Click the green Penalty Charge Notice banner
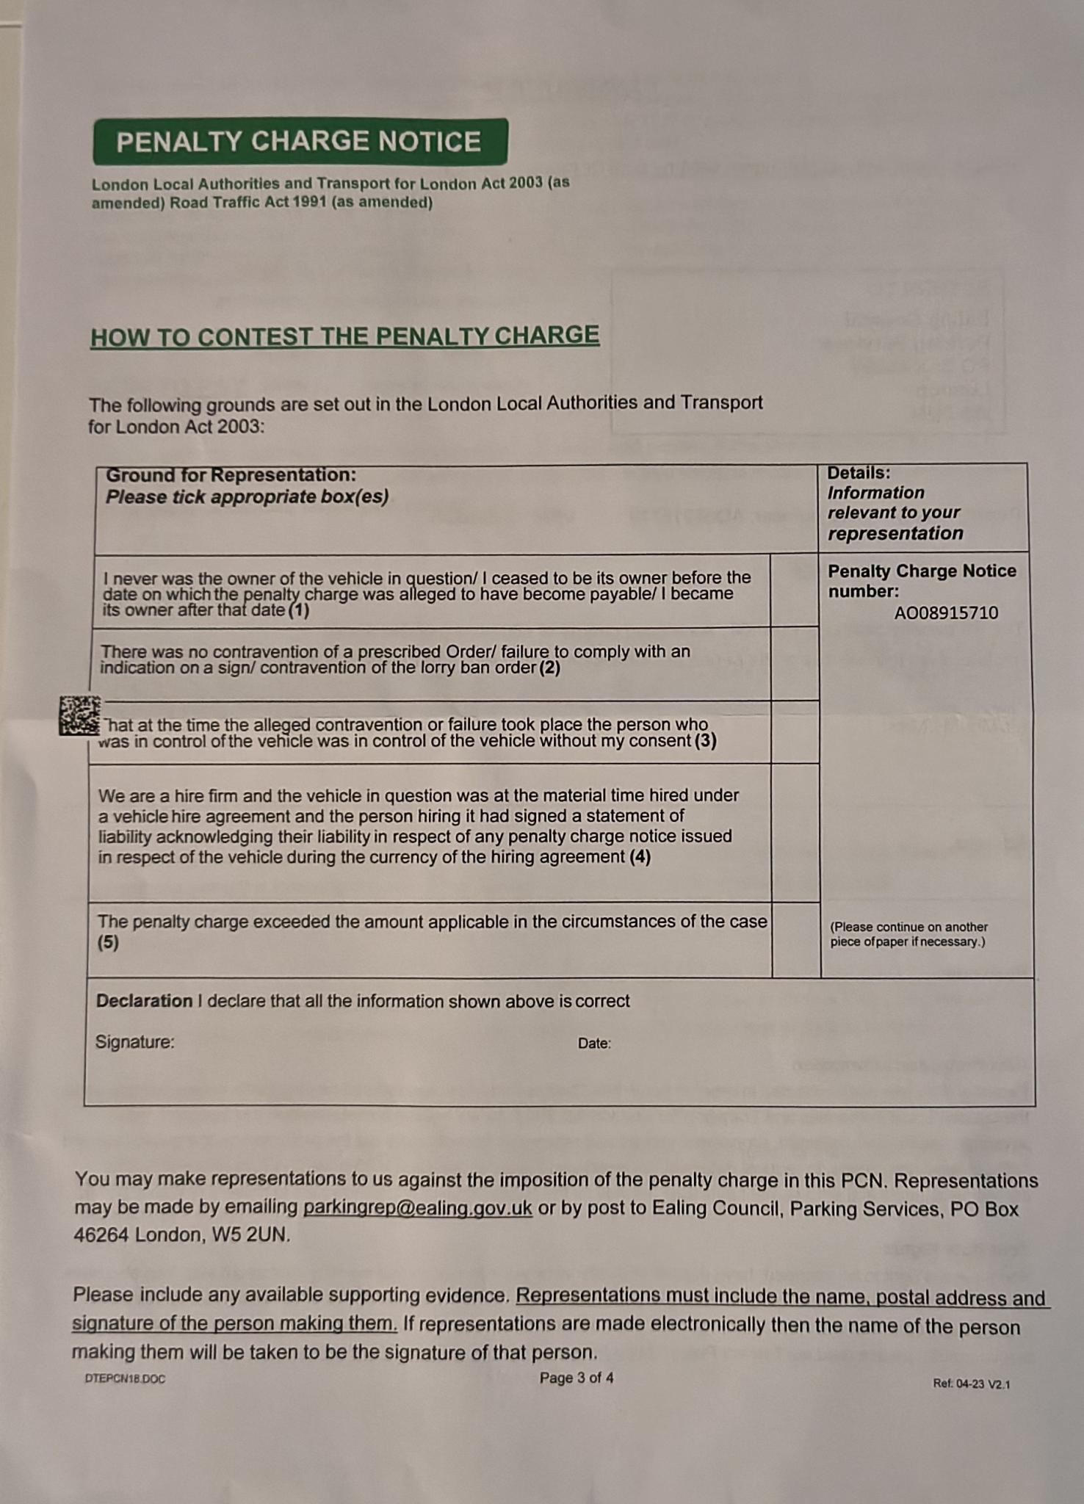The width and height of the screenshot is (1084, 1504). (300, 142)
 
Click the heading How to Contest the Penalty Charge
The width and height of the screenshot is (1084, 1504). (344, 336)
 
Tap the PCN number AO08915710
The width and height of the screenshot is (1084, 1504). (946, 613)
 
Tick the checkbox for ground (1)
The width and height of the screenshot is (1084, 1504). (795, 591)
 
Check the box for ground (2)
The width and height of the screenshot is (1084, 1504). (795, 664)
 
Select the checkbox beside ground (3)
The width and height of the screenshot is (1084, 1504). (795, 733)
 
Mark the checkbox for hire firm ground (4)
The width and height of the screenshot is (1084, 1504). (796, 833)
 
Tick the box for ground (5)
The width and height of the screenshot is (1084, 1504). (797, 941)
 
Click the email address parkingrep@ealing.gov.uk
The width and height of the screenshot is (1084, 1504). (417, 1208)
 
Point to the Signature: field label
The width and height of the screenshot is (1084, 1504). (135, 1042)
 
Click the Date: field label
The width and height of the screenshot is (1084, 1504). (594, 1044)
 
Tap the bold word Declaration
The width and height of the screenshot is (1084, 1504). (144, 1001)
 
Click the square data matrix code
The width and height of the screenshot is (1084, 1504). (79, 716)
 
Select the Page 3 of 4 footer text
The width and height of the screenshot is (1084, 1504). (577, 1378)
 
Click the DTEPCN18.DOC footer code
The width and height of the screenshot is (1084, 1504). (125, 1379)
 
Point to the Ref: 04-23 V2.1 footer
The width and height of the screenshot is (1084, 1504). (971, 1384)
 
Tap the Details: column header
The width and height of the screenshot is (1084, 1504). (859, 473)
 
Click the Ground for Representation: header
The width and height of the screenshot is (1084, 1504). (231, 475)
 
